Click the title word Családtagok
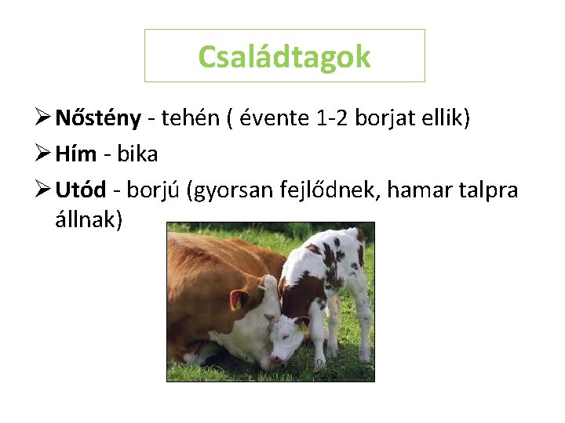[x=284, y=56]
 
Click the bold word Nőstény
[x=98, y=118]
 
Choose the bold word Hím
[x=77, y=154]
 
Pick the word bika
[x=137, y=154]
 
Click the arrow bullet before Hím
[x=43, y=154]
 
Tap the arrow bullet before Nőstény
[x=43, y=118]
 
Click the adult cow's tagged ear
[x=239, y=299]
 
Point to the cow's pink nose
[x=276, y=360]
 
